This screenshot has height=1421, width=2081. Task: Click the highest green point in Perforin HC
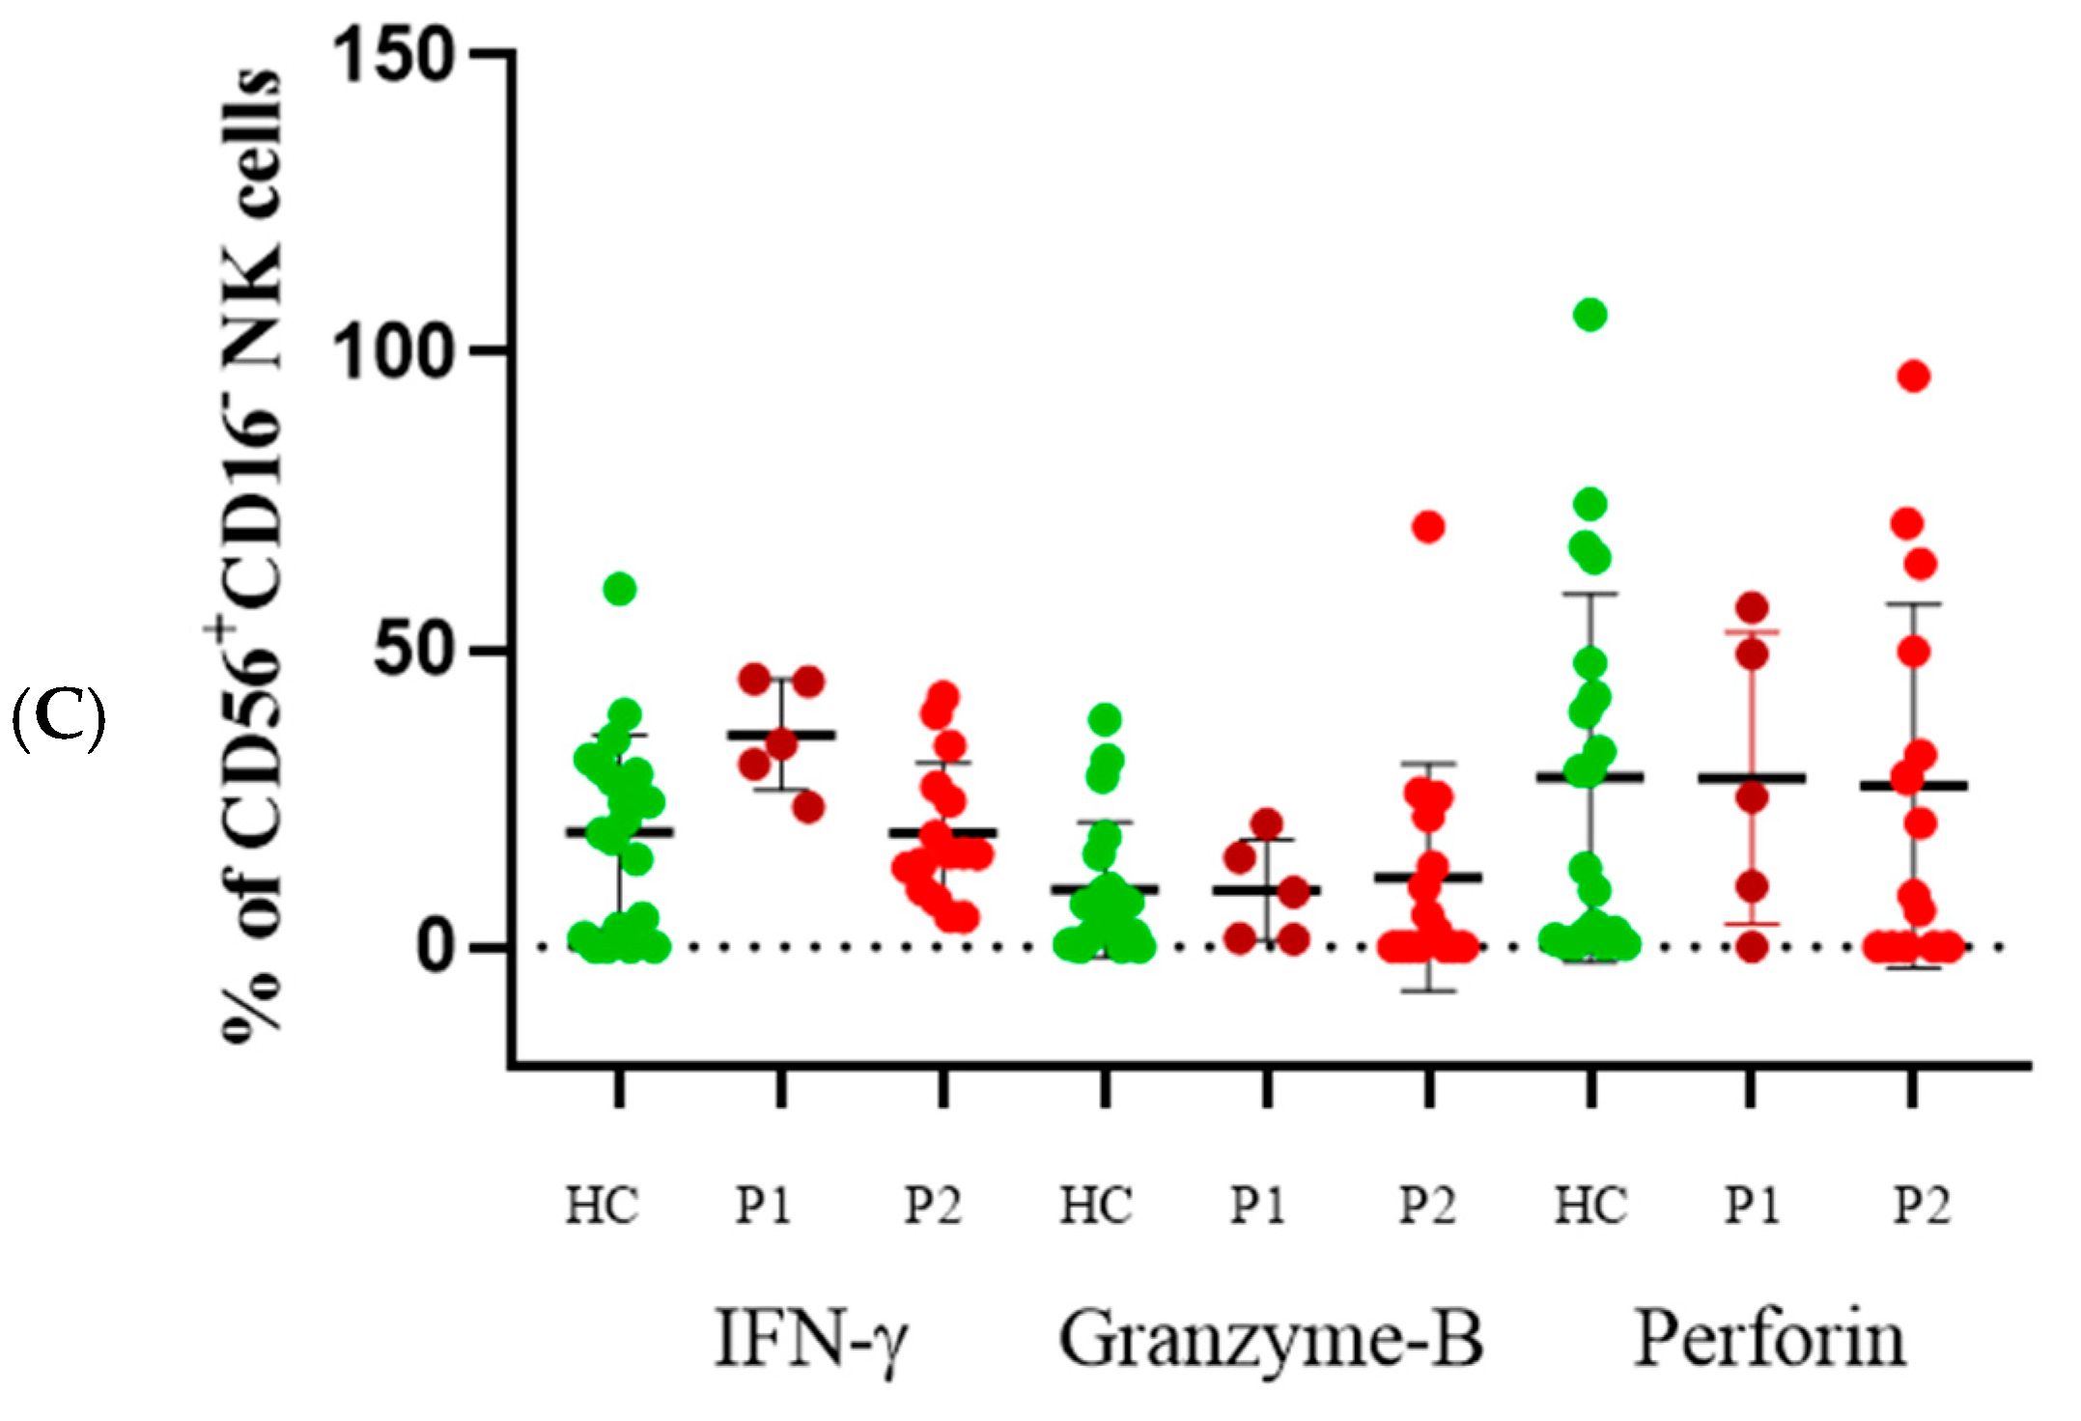coord(1589,315)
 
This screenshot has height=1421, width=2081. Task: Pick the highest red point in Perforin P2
coord(1914,376)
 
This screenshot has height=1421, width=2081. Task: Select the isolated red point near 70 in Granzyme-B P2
coord(1428,527)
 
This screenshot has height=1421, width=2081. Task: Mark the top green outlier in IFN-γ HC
coord(620,589)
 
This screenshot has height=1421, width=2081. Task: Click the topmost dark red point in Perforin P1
coord(1752,608)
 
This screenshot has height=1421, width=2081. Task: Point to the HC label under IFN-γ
coord(602,1206)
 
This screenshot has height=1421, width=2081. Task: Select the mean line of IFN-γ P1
coord(781,735)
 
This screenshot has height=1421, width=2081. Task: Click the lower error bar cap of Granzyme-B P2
coord(1430,991)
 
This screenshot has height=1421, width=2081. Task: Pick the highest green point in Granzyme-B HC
coord(1105,719)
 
